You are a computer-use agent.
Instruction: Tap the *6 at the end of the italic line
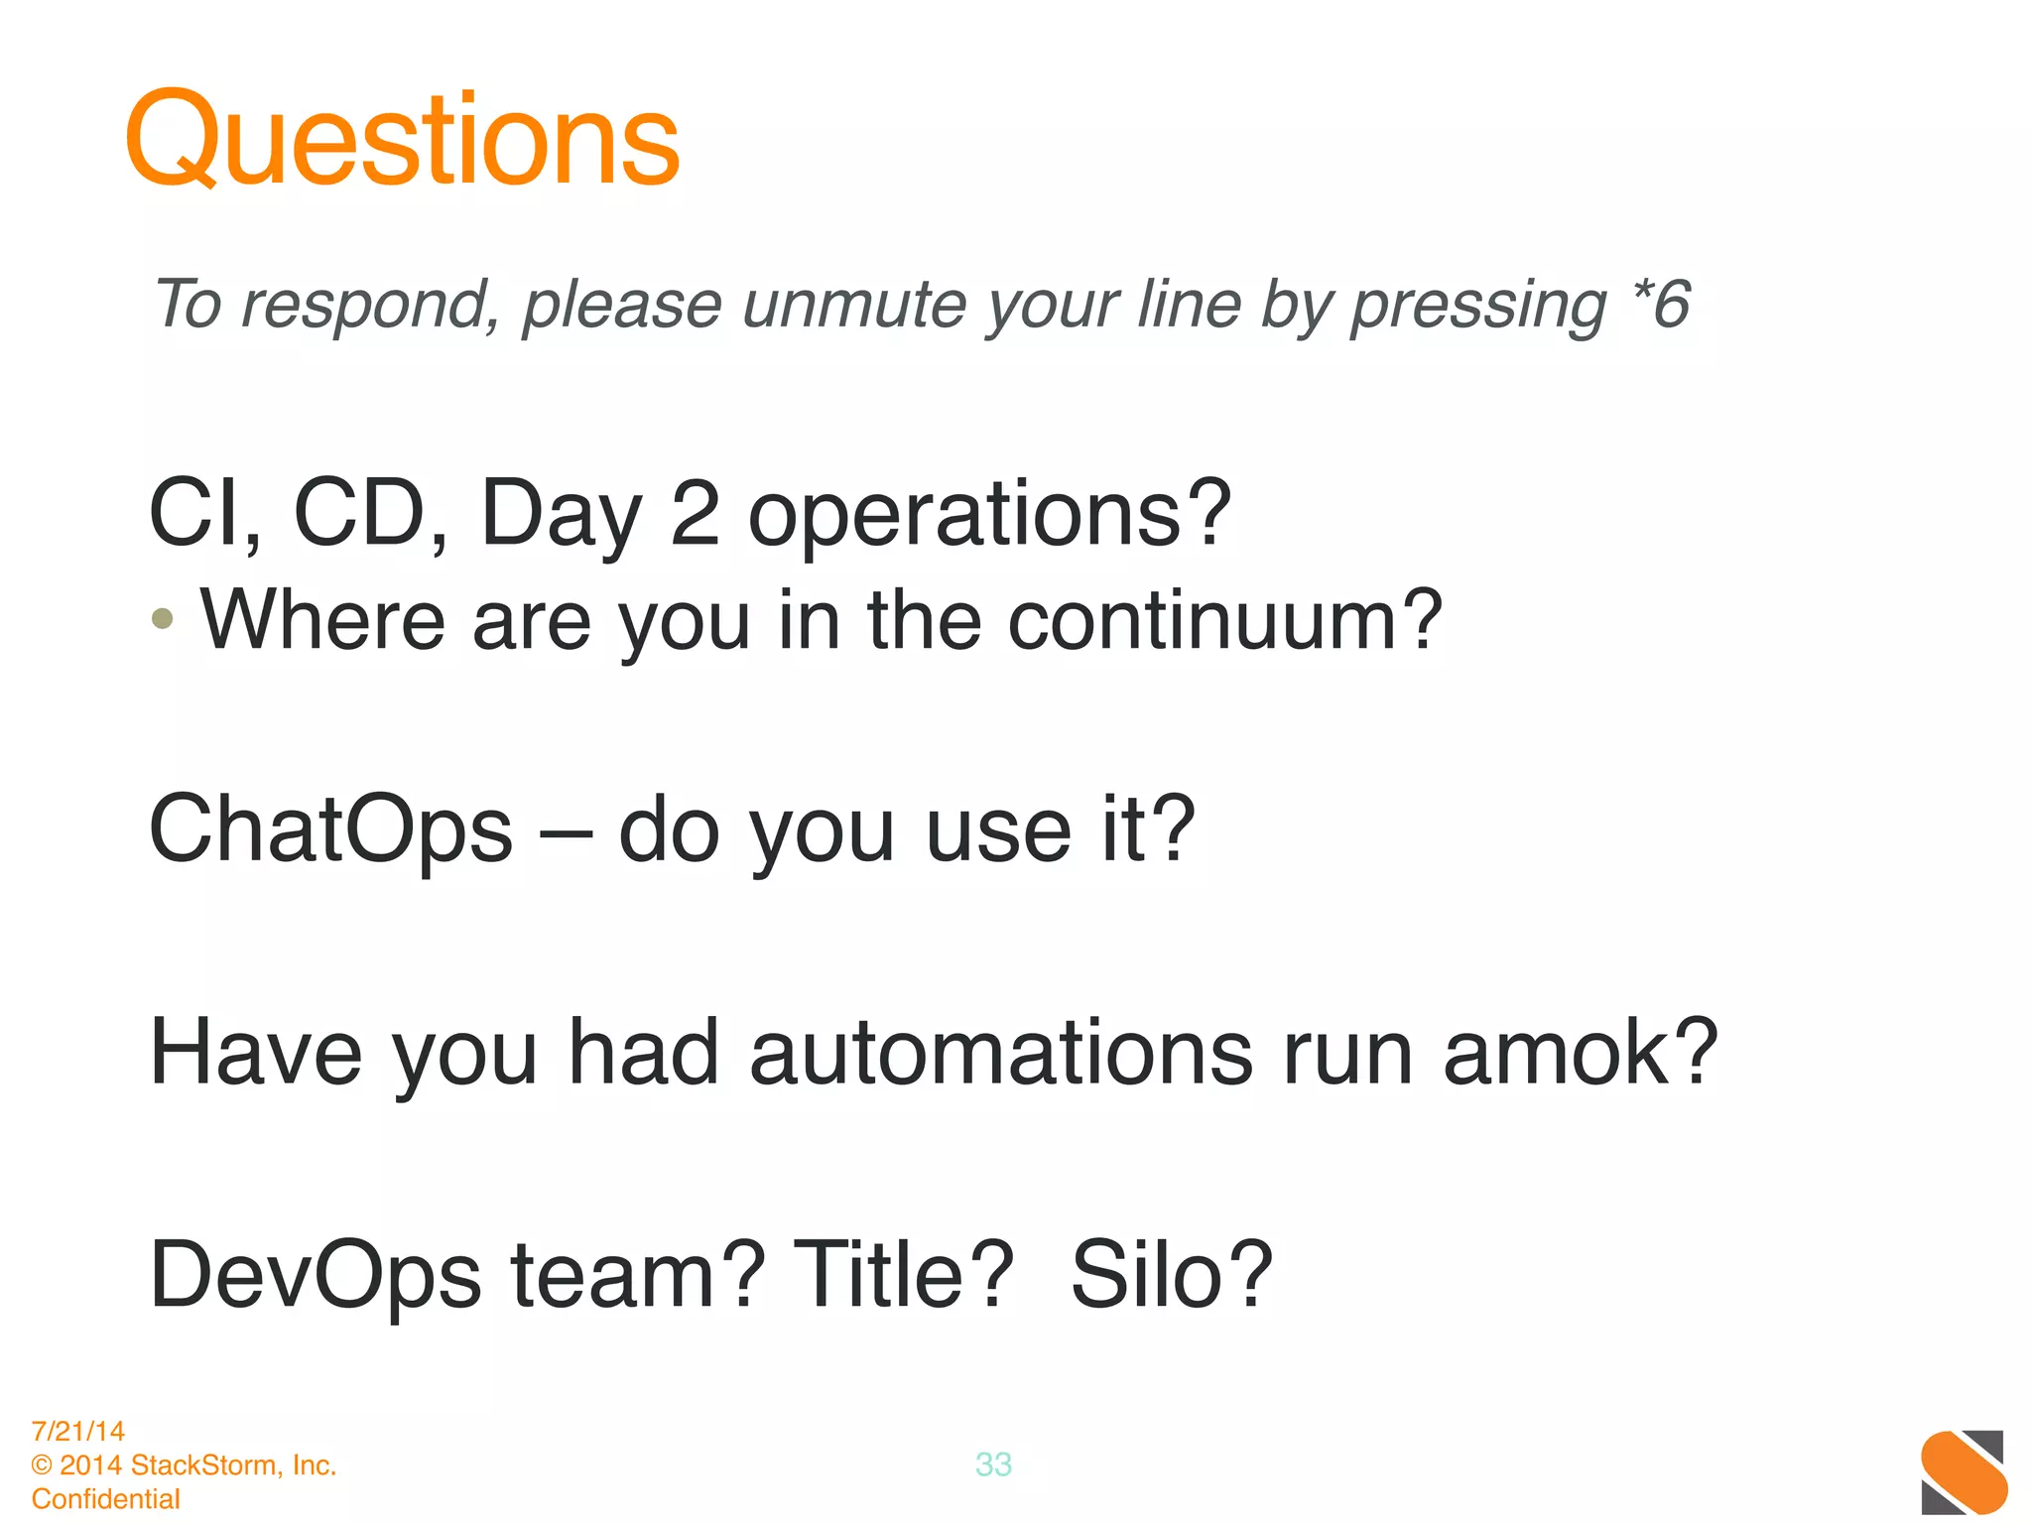tap(1660, 304)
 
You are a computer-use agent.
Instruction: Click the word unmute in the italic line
tap(854, 304)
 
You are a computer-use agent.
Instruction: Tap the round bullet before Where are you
tap(163, 619)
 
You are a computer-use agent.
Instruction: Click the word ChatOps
tap(330, 829)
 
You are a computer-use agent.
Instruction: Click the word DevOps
tap(316, 1276)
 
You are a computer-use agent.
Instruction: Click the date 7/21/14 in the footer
tap(78, 1431)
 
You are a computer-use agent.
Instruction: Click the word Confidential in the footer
tap(105, 1498)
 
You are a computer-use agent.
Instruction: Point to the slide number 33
tap(993, 1464)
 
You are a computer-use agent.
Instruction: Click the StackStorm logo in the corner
tap(1963, 1471)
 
